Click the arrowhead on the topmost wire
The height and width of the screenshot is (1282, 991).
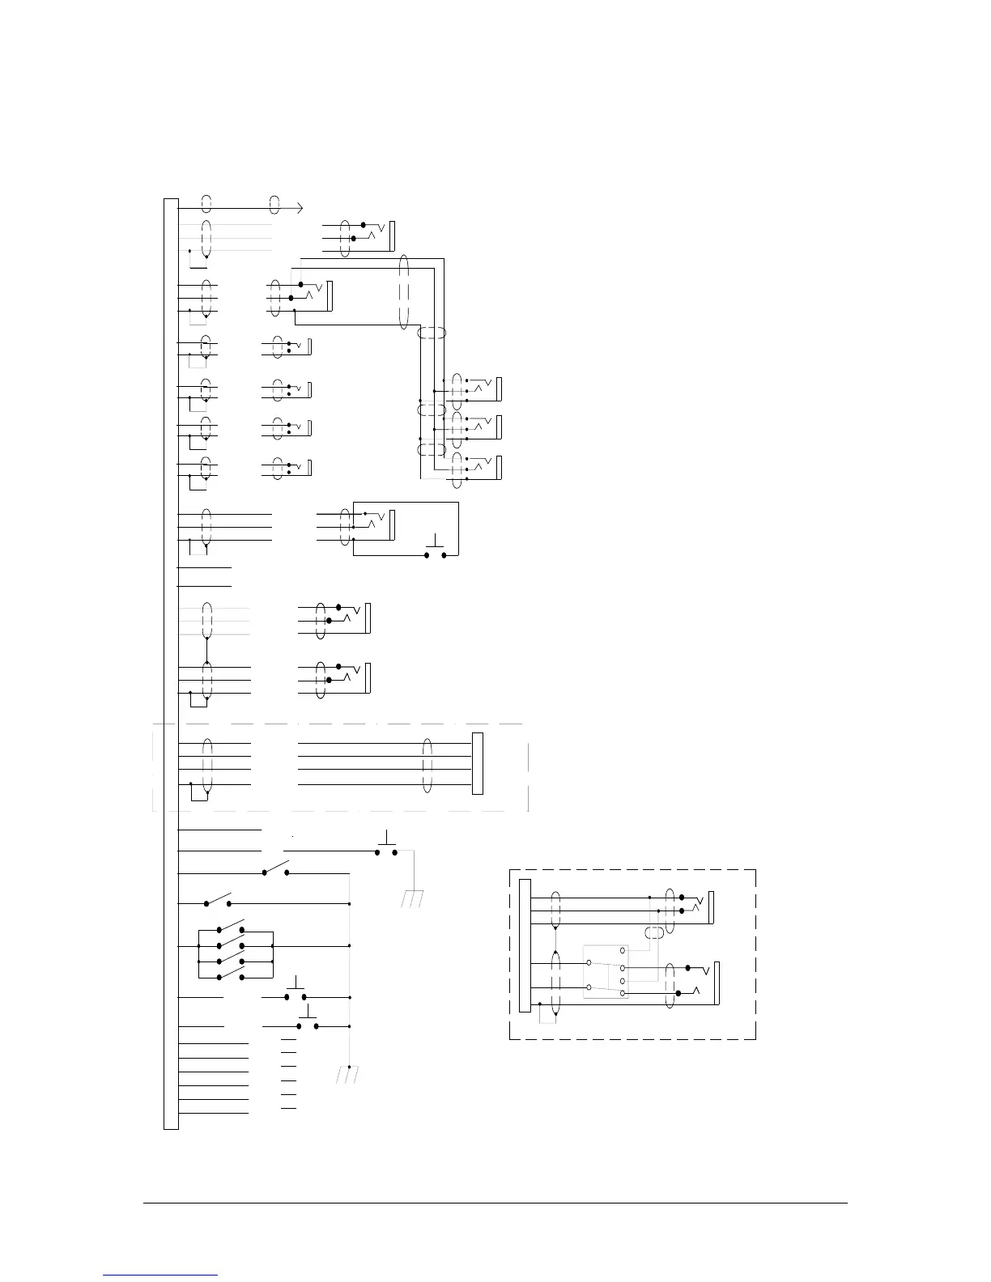(x=300, y=208)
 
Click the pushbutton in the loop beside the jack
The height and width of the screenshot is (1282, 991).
(x=436, y=550)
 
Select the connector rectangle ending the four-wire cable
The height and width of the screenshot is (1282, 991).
(x=478, y=763)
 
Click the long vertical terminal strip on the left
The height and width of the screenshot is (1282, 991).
(x=171, y=663)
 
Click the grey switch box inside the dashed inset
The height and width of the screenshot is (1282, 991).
(x=606, y=971)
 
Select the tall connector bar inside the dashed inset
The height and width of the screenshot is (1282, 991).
(x=525, y=945)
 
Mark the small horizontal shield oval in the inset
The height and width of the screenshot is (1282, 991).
(x=654, y=933)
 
